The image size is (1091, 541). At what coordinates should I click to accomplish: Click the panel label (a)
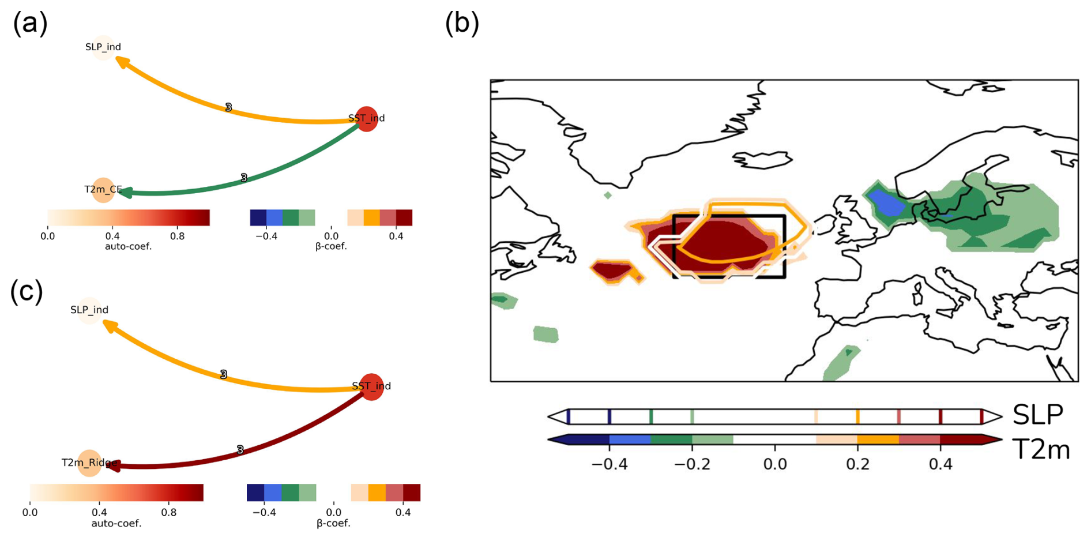[30, 24]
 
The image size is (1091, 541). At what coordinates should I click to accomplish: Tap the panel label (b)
[462, 24]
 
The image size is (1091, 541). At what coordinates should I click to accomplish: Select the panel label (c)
[27, 291]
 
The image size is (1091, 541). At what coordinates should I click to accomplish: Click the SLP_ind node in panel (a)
[103, 47]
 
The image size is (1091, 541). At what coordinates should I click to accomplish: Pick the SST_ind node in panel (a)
[367, 119]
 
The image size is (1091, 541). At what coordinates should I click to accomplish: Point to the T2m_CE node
[103, 190]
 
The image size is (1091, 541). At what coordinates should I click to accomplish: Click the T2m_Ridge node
[89, 463]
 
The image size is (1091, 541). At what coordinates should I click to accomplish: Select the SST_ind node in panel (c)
[371, 386]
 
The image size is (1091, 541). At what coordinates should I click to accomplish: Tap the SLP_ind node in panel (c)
[89, 310]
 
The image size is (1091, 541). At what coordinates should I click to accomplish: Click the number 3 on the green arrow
[244, 178]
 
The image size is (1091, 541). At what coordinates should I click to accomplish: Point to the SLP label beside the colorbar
[1038, 415]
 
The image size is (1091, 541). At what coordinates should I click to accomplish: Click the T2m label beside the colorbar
[1041, 449]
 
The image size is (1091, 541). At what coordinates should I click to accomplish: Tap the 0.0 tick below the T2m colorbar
[774, 464]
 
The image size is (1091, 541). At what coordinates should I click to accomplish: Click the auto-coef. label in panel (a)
[128, 246]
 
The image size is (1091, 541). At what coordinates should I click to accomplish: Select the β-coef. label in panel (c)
[333, 523]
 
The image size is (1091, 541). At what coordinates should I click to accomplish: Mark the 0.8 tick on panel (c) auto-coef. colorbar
[169, 512]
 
